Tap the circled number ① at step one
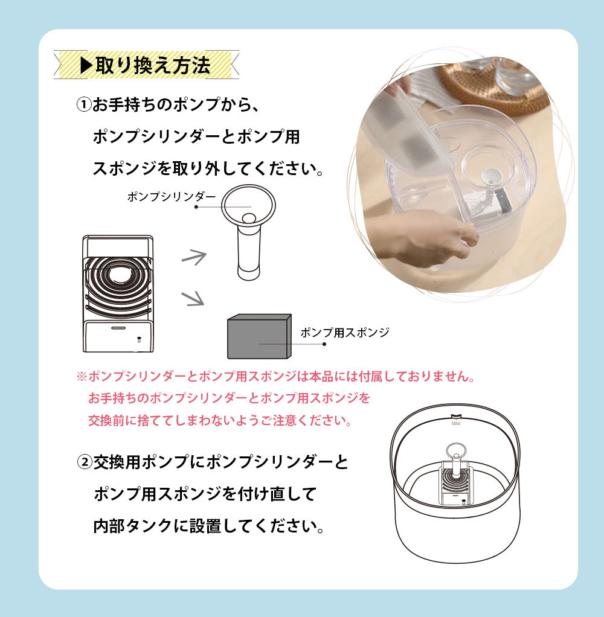point(83,104)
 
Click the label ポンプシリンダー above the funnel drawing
point(171,197)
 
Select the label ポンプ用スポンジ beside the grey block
point(344,332)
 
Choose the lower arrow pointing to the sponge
point(194,298)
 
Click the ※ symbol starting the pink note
point(82,377)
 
